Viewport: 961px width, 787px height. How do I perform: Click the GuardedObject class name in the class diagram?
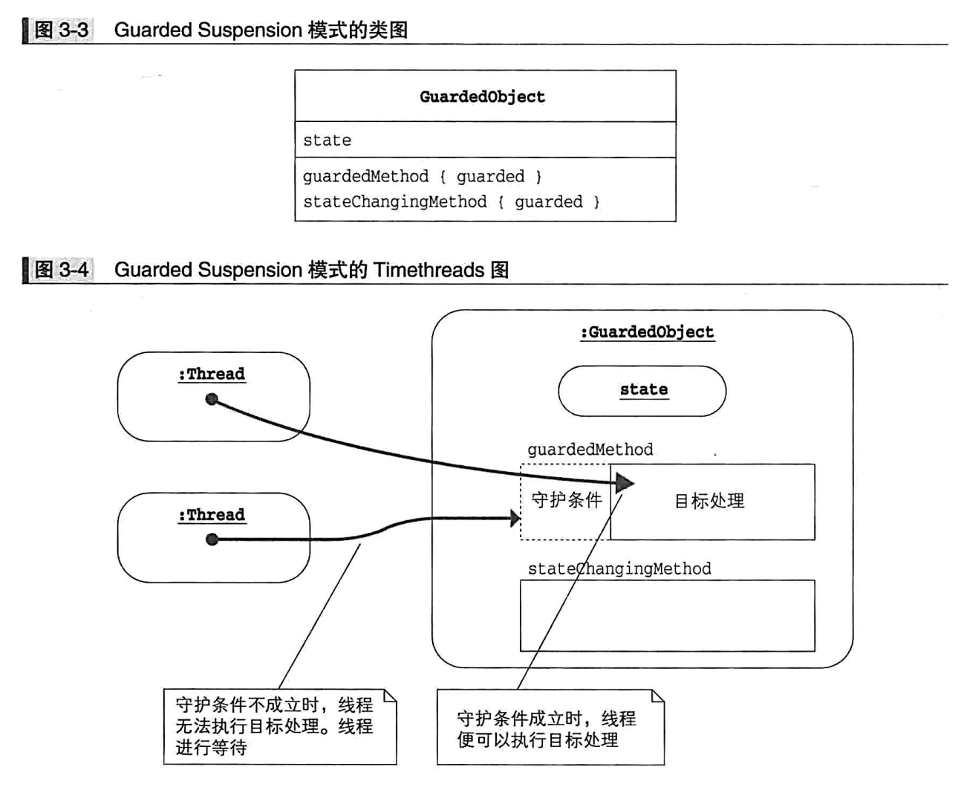(482, 97)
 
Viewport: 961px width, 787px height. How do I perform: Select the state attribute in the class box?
(327, 140)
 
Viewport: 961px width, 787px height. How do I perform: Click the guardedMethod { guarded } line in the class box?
(422, 177)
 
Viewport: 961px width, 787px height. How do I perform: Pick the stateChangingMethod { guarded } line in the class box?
(451, 202)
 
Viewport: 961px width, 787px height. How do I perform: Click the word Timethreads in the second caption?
(429, 270)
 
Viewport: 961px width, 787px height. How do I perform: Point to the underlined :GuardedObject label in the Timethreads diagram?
(647, 332)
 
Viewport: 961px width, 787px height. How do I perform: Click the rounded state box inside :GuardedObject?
(642, 390)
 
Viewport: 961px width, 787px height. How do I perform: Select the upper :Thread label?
(212, 374)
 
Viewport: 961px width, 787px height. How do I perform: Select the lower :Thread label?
(212, 515)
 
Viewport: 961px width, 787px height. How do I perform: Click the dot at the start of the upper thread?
(212, 400)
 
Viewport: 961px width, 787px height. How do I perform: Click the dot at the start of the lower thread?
(212, 540)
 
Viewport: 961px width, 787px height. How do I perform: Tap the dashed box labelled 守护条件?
(566, 501)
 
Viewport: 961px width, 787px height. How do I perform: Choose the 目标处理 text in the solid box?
(709, 502)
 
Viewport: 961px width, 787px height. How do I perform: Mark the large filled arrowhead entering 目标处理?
(625, 484)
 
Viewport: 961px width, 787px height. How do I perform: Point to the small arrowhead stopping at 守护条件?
(515, 518)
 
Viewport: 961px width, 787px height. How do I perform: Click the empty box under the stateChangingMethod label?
(667, 615)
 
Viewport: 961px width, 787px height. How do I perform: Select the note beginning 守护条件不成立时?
(279, 726)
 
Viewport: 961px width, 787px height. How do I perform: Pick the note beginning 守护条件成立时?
(550, 728)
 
